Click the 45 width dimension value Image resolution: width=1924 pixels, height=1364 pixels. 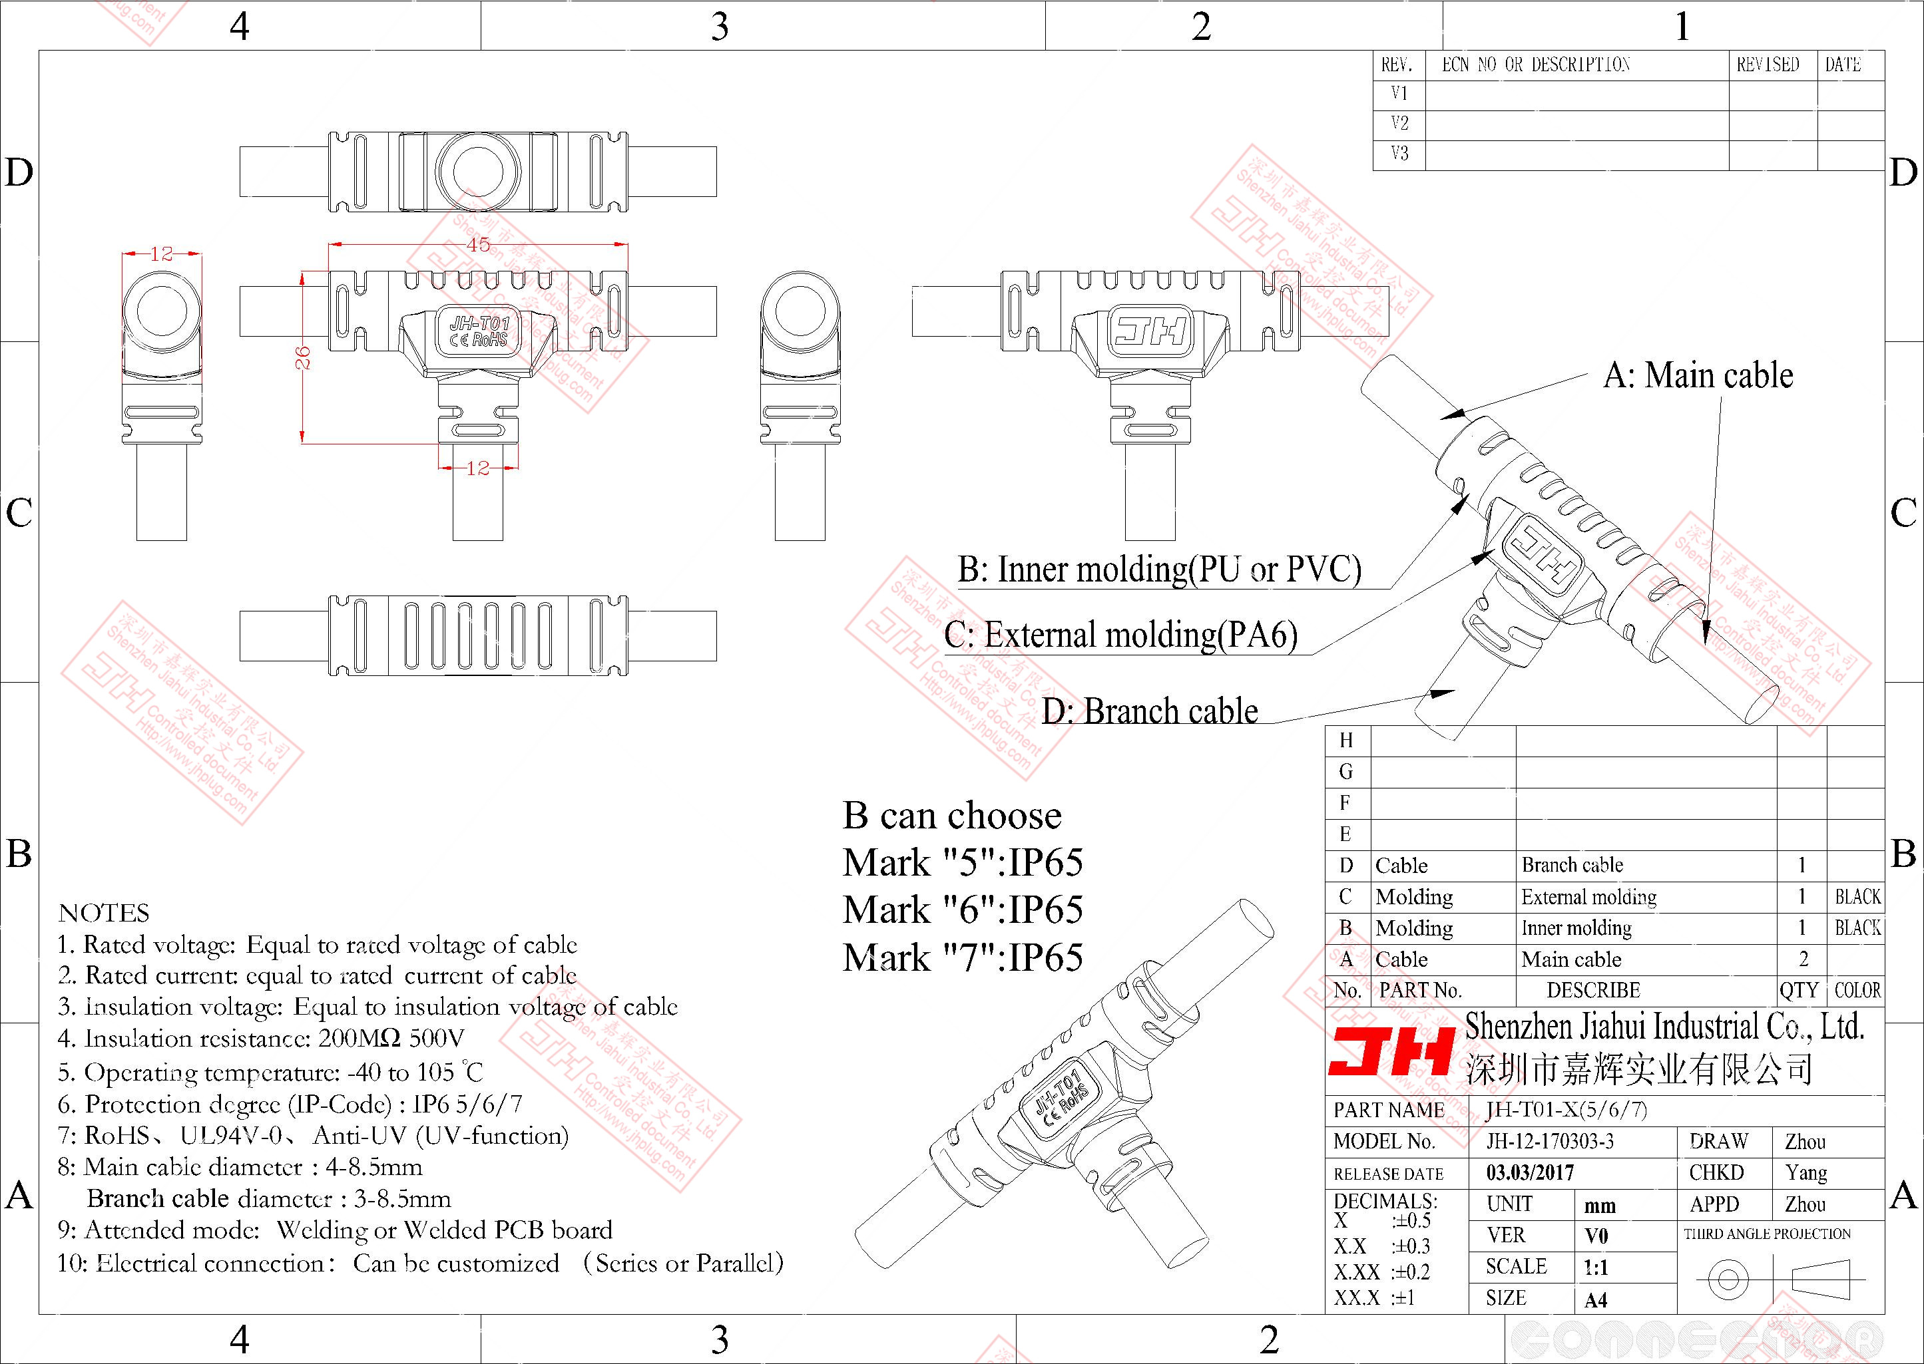pos(478,244)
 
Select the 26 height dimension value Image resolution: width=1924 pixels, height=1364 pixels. pos(304,358)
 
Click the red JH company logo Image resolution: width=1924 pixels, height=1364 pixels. pos(1391,1051)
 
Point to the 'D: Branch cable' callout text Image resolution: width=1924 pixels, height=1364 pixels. pos(1149,711)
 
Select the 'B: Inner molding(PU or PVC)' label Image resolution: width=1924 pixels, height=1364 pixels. pos(1158,570)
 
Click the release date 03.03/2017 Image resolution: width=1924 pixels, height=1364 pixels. pos(1530,1172)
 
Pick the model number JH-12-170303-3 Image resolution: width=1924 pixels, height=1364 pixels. pos(1549,1141)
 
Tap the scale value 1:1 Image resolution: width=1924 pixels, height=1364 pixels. pos(1596,1268)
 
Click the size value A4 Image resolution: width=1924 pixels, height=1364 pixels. pos(1596,1300)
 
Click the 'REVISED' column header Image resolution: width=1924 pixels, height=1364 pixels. pos(1768,65)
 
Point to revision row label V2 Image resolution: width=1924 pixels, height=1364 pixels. pos(1399,124)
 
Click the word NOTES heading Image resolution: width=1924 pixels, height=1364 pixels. pos(104,913)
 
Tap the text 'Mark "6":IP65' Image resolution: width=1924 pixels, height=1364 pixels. pos(962,910)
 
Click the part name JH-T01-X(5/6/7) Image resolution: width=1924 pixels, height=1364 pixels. pos(1566,1110)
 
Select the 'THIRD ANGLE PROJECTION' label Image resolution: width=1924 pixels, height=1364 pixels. pos(1767,1234)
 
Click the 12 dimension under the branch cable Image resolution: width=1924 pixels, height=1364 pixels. pos(477,468)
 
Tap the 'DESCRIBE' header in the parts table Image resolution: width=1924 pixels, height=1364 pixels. pos(1593,990)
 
